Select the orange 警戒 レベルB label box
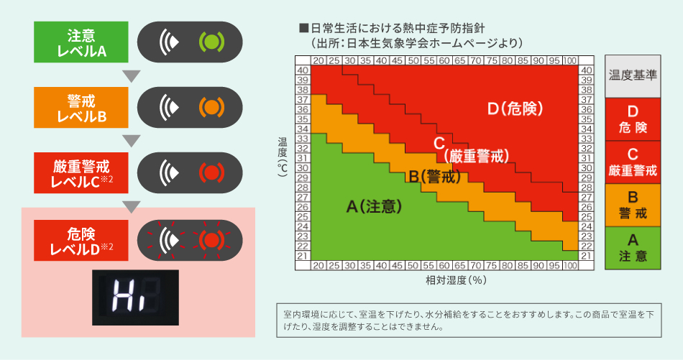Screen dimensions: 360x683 (81, 108)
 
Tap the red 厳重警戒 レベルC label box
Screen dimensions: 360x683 (81, 173)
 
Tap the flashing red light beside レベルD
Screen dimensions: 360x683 (210, 239)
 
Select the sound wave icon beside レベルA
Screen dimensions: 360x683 (170, 42)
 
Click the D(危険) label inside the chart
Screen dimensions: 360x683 (514, 109)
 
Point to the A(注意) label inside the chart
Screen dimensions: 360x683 (373, 206)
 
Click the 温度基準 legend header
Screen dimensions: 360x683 (633, 75)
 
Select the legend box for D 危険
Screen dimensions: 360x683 (633, 119)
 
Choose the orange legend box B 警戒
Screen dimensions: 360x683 (633, 205)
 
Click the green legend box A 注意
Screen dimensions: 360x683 (633, 247)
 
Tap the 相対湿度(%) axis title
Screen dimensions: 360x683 (446, 280)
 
